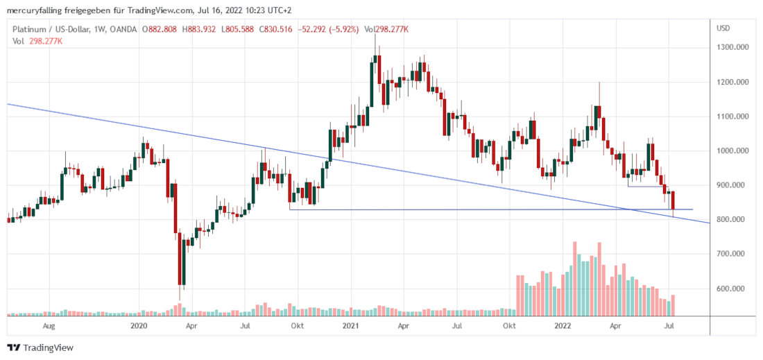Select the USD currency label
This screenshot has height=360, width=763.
[x=723, y=28]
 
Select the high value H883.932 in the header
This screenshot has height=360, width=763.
[x=196, y=29]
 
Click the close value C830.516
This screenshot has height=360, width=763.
[x=278, y=29]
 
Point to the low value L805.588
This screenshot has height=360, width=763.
[x=237, y=29]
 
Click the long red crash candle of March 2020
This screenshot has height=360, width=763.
[x=181, y=260]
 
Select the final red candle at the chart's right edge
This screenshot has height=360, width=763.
[x=673, y=201]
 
